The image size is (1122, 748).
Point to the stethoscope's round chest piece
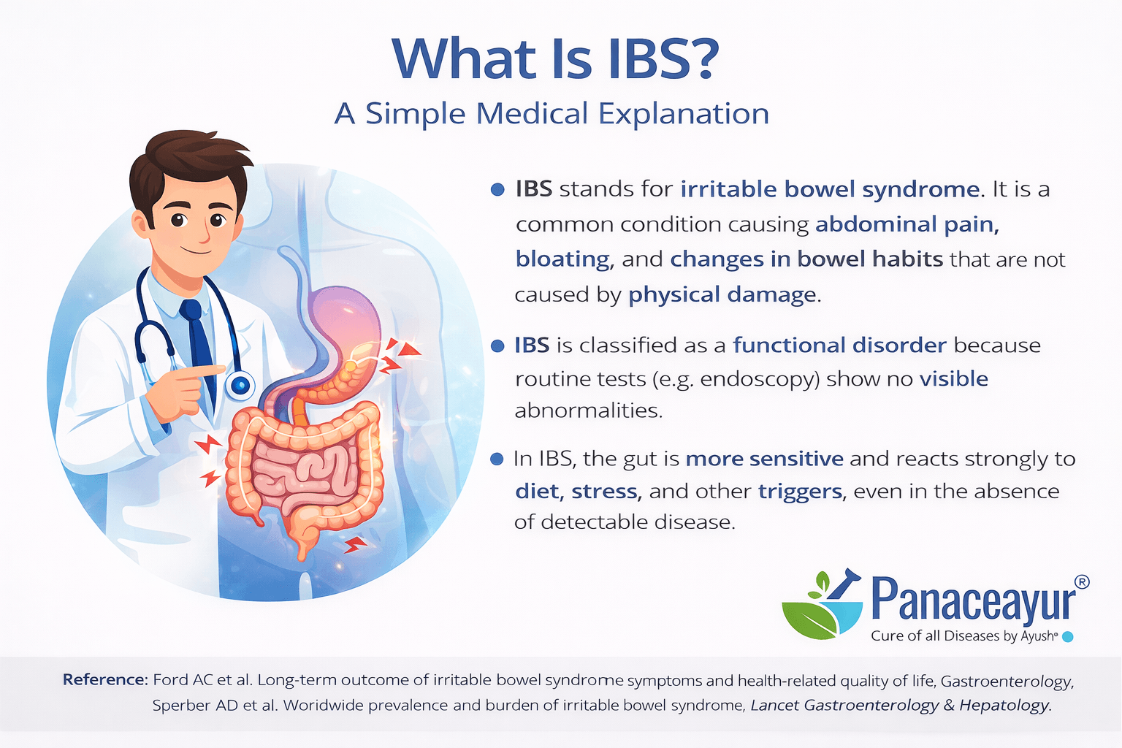(240, 385)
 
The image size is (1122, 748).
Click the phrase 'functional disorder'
(839, 345)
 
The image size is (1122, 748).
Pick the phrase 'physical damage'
(722, 294)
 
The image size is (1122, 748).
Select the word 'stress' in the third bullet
(606, 491)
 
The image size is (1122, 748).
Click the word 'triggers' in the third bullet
(801, 491)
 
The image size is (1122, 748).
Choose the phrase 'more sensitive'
(764, 459)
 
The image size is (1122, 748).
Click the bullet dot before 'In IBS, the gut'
(497, 459)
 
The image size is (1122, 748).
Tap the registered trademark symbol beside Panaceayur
(1083, 581)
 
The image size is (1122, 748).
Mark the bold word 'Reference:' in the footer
(105, 680)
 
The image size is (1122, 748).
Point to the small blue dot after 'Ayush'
(1067, 636)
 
